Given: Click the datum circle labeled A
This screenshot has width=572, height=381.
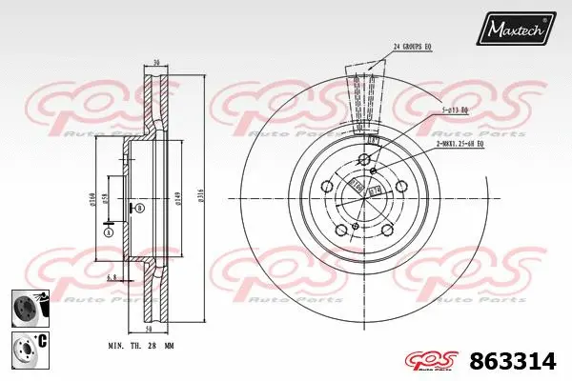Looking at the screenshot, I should click(109, 232).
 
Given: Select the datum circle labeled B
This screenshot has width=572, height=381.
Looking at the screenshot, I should click(141, 207).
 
